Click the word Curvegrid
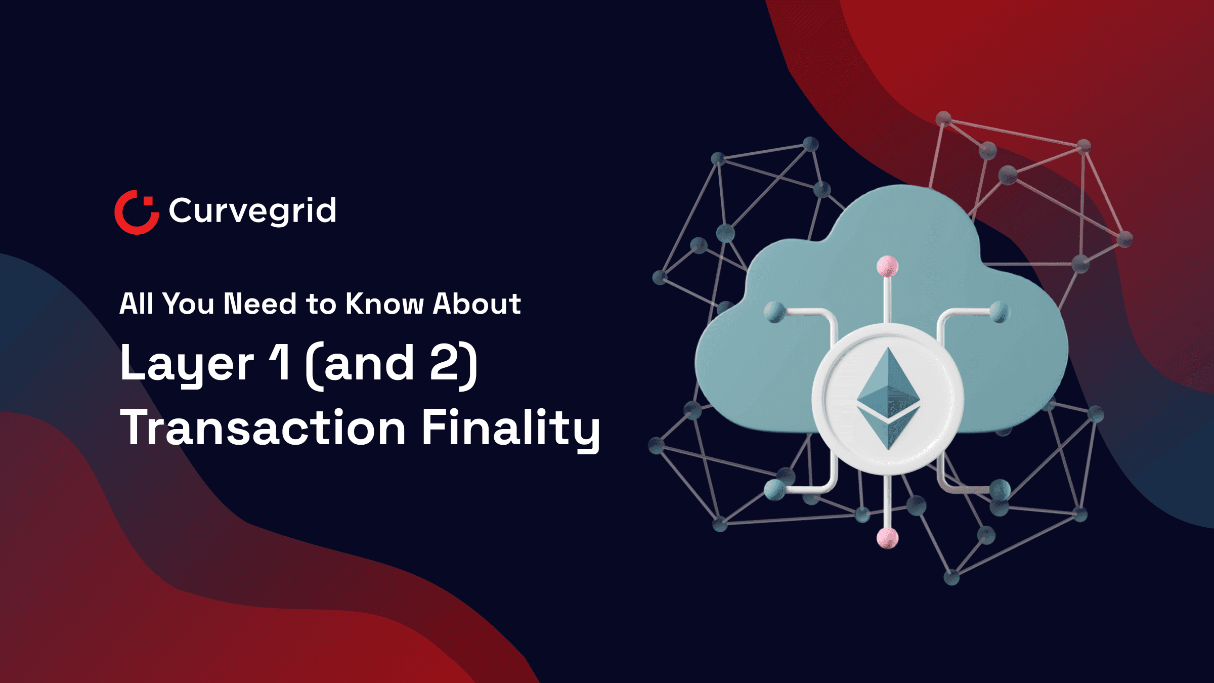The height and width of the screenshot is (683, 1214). tap(252, 210)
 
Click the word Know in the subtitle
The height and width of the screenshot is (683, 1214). tap(384, 304)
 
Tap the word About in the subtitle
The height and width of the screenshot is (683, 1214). tap(477, 304)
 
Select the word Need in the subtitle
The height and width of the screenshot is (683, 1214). tap(260, 304)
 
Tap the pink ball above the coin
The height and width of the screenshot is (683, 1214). tap(887, 266)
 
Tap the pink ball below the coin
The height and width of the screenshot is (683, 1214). tap(887, 537)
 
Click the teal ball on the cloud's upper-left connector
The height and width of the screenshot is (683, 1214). tap(774, 312)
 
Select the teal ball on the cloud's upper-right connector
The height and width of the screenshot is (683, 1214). tap(1000, 311)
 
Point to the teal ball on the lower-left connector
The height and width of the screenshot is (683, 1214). tap(774, 489)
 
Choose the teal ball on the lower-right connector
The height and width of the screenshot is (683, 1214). tap(1000, 489)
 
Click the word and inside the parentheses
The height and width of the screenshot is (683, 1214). tap(369, 363)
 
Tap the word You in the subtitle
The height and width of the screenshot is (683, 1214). tap(189, 304)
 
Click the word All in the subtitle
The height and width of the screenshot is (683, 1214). tap(136, 304)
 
